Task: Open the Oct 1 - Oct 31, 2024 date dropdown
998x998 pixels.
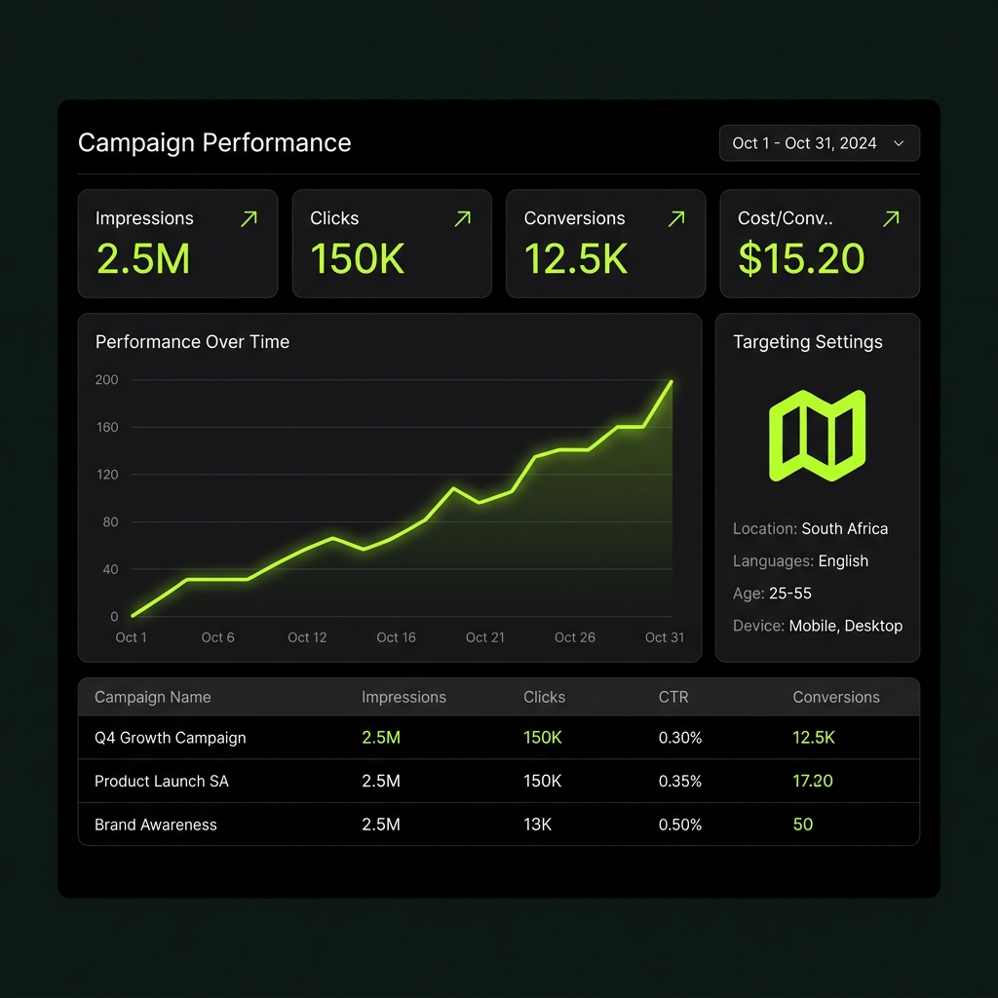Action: click(819, 143)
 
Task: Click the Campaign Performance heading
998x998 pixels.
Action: click(214, 142)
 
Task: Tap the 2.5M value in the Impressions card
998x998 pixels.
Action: click(142, 259)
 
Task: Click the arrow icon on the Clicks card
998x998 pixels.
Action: click(463, 219)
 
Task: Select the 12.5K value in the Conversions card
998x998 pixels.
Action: click(576, 259)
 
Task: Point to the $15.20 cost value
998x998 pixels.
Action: click(801, 259)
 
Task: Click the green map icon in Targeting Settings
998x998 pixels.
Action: click(818, 436)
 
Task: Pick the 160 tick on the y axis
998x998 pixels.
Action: click(106, 427)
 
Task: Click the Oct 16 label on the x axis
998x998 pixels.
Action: click(396, 637)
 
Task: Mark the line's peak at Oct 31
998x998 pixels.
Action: click(672, 381)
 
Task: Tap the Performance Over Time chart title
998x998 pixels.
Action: click(192, 342)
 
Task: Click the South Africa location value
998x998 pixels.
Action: click(844, 528)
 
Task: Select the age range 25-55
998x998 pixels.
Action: click(789, 594)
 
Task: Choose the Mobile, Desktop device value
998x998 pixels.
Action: click(845, 626)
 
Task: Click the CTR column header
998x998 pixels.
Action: click(672, 697)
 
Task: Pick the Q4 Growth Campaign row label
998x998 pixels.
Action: click(170, 738)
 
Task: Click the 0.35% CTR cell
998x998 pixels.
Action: click(679, 781)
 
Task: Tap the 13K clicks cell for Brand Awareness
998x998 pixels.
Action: click(537, 825)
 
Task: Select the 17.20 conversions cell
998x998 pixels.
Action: click(813, 781)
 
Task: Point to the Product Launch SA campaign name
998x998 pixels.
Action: click(162, 781)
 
